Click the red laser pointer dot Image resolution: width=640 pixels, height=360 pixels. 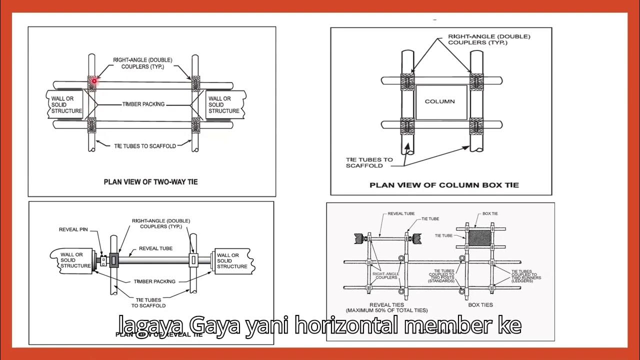94,80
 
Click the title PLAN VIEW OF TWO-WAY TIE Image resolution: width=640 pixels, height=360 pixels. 150,181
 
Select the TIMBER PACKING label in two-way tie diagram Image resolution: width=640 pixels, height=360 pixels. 143,104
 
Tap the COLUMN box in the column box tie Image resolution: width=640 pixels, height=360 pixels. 440,101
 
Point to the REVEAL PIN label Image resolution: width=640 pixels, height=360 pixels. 73,229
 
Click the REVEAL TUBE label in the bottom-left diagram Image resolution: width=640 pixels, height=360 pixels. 155,248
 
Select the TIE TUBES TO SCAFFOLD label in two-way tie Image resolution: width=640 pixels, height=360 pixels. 145,146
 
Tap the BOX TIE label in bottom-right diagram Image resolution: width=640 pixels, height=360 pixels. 490,213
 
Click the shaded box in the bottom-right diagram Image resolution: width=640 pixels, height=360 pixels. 479,237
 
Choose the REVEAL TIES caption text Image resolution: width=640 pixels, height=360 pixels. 386,304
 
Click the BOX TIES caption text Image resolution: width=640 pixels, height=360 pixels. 480,304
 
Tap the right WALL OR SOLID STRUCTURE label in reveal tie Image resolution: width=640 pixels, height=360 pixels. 232,260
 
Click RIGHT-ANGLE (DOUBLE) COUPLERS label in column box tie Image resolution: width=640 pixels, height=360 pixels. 488,39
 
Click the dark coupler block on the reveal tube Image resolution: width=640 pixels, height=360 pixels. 113,259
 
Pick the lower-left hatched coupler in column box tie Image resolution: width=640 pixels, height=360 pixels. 407,125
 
